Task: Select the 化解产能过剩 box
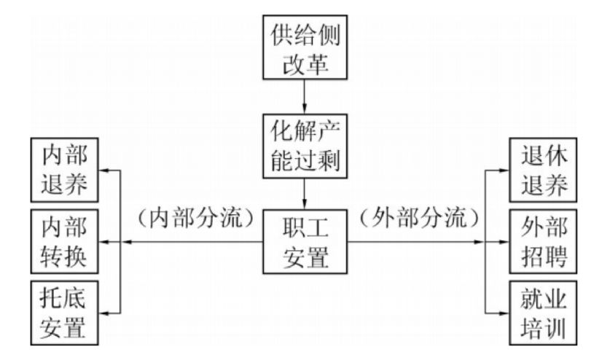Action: pyautogui.click(x=304, y=143)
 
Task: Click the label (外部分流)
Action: pyautogui.click(x=419, y=218)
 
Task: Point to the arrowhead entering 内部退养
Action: pyautogui.click(x=103, y=172)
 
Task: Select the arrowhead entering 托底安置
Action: pyautogui.click(x=103, y=312)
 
